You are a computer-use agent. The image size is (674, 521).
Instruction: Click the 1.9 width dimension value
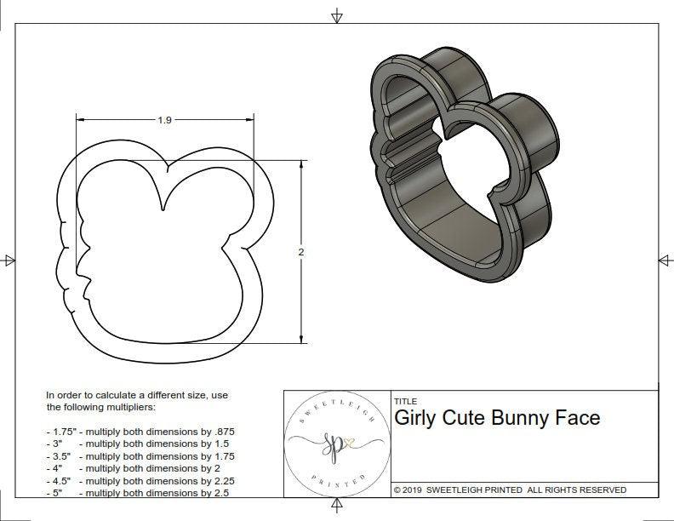[x=164, y=120]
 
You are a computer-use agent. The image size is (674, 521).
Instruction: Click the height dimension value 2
[x=301, y=252]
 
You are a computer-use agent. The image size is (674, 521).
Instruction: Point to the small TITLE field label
[x=406, y=401]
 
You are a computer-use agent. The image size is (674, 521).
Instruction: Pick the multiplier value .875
[x=221, y=432]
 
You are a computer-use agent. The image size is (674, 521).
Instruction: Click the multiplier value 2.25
[x=219, y=480]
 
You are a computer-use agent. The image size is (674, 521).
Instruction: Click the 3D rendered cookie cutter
[x=464, y=170]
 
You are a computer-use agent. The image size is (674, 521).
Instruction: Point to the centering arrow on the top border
[x=338, y=16]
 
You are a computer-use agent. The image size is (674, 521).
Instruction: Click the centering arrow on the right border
[x=664, y=260]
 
